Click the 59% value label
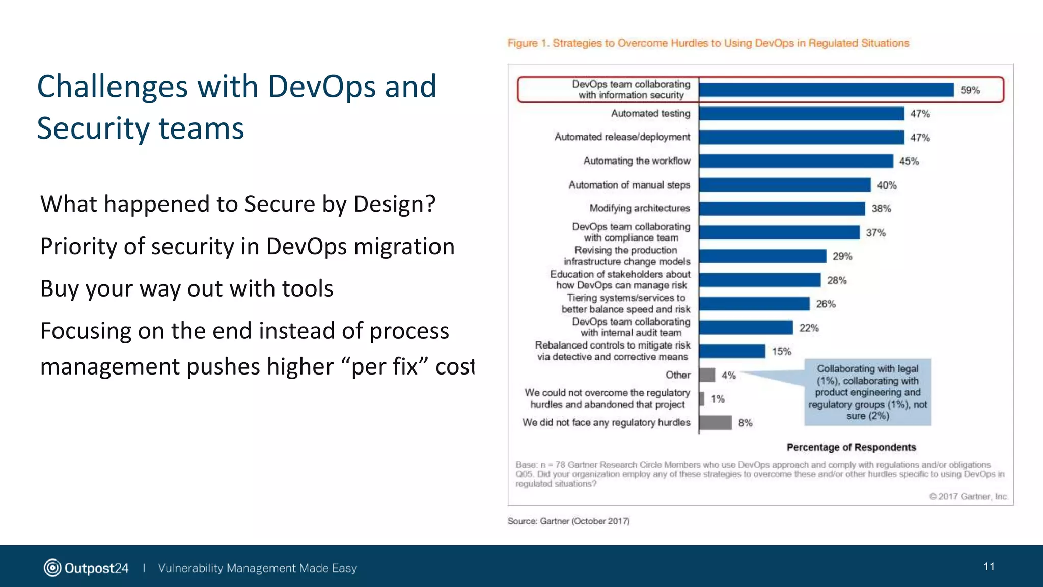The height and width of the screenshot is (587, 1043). [x=970, y=90]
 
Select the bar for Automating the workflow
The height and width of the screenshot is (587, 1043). [x=796, y=161]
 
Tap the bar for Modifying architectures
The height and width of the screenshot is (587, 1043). [x=782, y=208]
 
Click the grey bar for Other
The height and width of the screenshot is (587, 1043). [x=707, y=375]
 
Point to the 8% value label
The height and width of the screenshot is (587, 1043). [x=745, y=423]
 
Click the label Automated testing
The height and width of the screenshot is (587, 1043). [x=650, y=114]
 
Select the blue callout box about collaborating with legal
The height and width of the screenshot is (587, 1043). [x=867, y=392]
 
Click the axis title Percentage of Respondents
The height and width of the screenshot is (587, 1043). [x=851, y=447]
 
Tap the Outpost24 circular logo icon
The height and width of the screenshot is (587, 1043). [x=52, y=568]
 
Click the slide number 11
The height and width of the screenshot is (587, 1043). [x=989, y=567]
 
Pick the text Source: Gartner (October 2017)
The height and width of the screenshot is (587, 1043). [x=568, y=521]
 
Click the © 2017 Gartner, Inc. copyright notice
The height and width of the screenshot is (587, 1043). [x=968, y=496]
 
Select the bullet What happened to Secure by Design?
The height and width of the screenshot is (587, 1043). [x=238, y=204]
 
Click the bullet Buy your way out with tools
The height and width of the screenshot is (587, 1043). [x=186, y=289]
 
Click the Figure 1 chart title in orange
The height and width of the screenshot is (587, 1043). [x=708, y=43]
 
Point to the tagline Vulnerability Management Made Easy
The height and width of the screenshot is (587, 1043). [x=257, y=568]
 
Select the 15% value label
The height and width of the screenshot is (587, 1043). [x=781, y=352]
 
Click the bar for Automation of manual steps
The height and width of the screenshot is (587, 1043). [x=785, y=185]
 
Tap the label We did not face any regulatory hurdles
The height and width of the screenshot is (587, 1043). [x=606, y=422]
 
